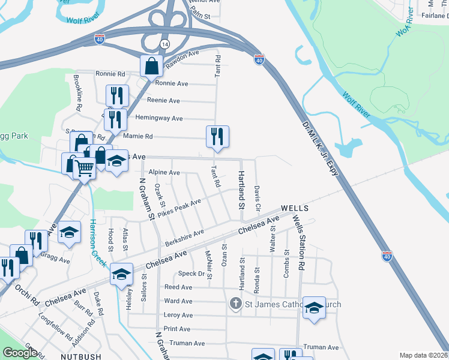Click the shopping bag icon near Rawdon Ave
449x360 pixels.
pos(152,66)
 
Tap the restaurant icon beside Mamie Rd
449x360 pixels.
pos(217,136)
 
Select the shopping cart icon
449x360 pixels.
pos(84,167)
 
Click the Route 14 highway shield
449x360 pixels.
pos(165,45)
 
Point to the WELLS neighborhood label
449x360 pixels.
pos(294,208)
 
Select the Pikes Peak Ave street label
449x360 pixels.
pos(179,211)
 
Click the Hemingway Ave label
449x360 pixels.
pos(159,118)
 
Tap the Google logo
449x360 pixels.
pos(20,353)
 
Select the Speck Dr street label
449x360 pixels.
pos(191,274)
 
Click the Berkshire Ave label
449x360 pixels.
pos(184,239)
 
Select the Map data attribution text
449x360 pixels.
pos(423,355)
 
